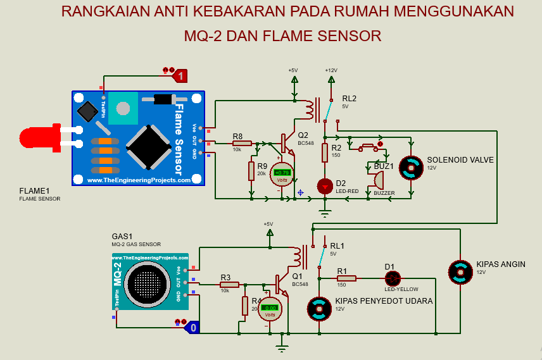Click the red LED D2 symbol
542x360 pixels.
click(325, 186)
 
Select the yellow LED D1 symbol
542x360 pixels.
click(393, 278)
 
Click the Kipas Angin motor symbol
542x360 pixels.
click(460, 272)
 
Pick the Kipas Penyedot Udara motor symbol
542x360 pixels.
click(318, 309)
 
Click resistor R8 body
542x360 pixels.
click(242, 144)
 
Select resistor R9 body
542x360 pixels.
click(252, 171)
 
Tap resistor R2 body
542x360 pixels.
click(325, 152)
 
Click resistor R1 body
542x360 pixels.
click(346, 278)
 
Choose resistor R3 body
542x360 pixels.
click(229, 285)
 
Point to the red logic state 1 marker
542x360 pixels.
click(180, 76)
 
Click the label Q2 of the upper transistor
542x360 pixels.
click(303, 135)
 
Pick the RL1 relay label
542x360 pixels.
click(337, 246)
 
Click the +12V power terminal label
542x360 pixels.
click(331, 70)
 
